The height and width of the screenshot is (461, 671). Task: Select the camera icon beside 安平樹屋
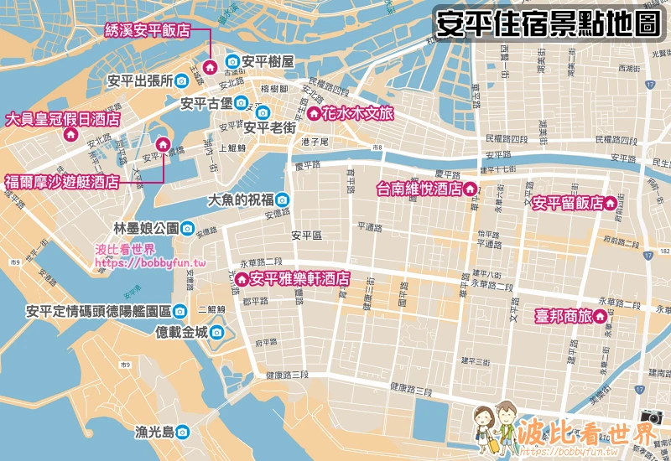point(231,61)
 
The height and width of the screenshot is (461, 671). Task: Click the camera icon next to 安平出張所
point(181,81)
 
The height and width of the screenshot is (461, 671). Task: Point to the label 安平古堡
point(206,103)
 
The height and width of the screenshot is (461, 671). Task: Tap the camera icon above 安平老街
point(263,112)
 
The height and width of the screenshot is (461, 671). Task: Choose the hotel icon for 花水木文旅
point(313,112)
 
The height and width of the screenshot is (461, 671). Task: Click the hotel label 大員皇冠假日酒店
point(62,119)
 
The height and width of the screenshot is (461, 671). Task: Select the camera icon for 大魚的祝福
point(283,199)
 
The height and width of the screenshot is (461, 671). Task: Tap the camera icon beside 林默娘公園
point(187,228)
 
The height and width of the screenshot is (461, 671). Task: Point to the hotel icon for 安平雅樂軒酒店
point(242,278)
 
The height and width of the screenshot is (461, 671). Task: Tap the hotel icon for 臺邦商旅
point(601,318)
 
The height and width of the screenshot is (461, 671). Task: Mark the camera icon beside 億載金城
point(216,332)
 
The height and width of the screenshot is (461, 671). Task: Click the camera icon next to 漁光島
point(182,432)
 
